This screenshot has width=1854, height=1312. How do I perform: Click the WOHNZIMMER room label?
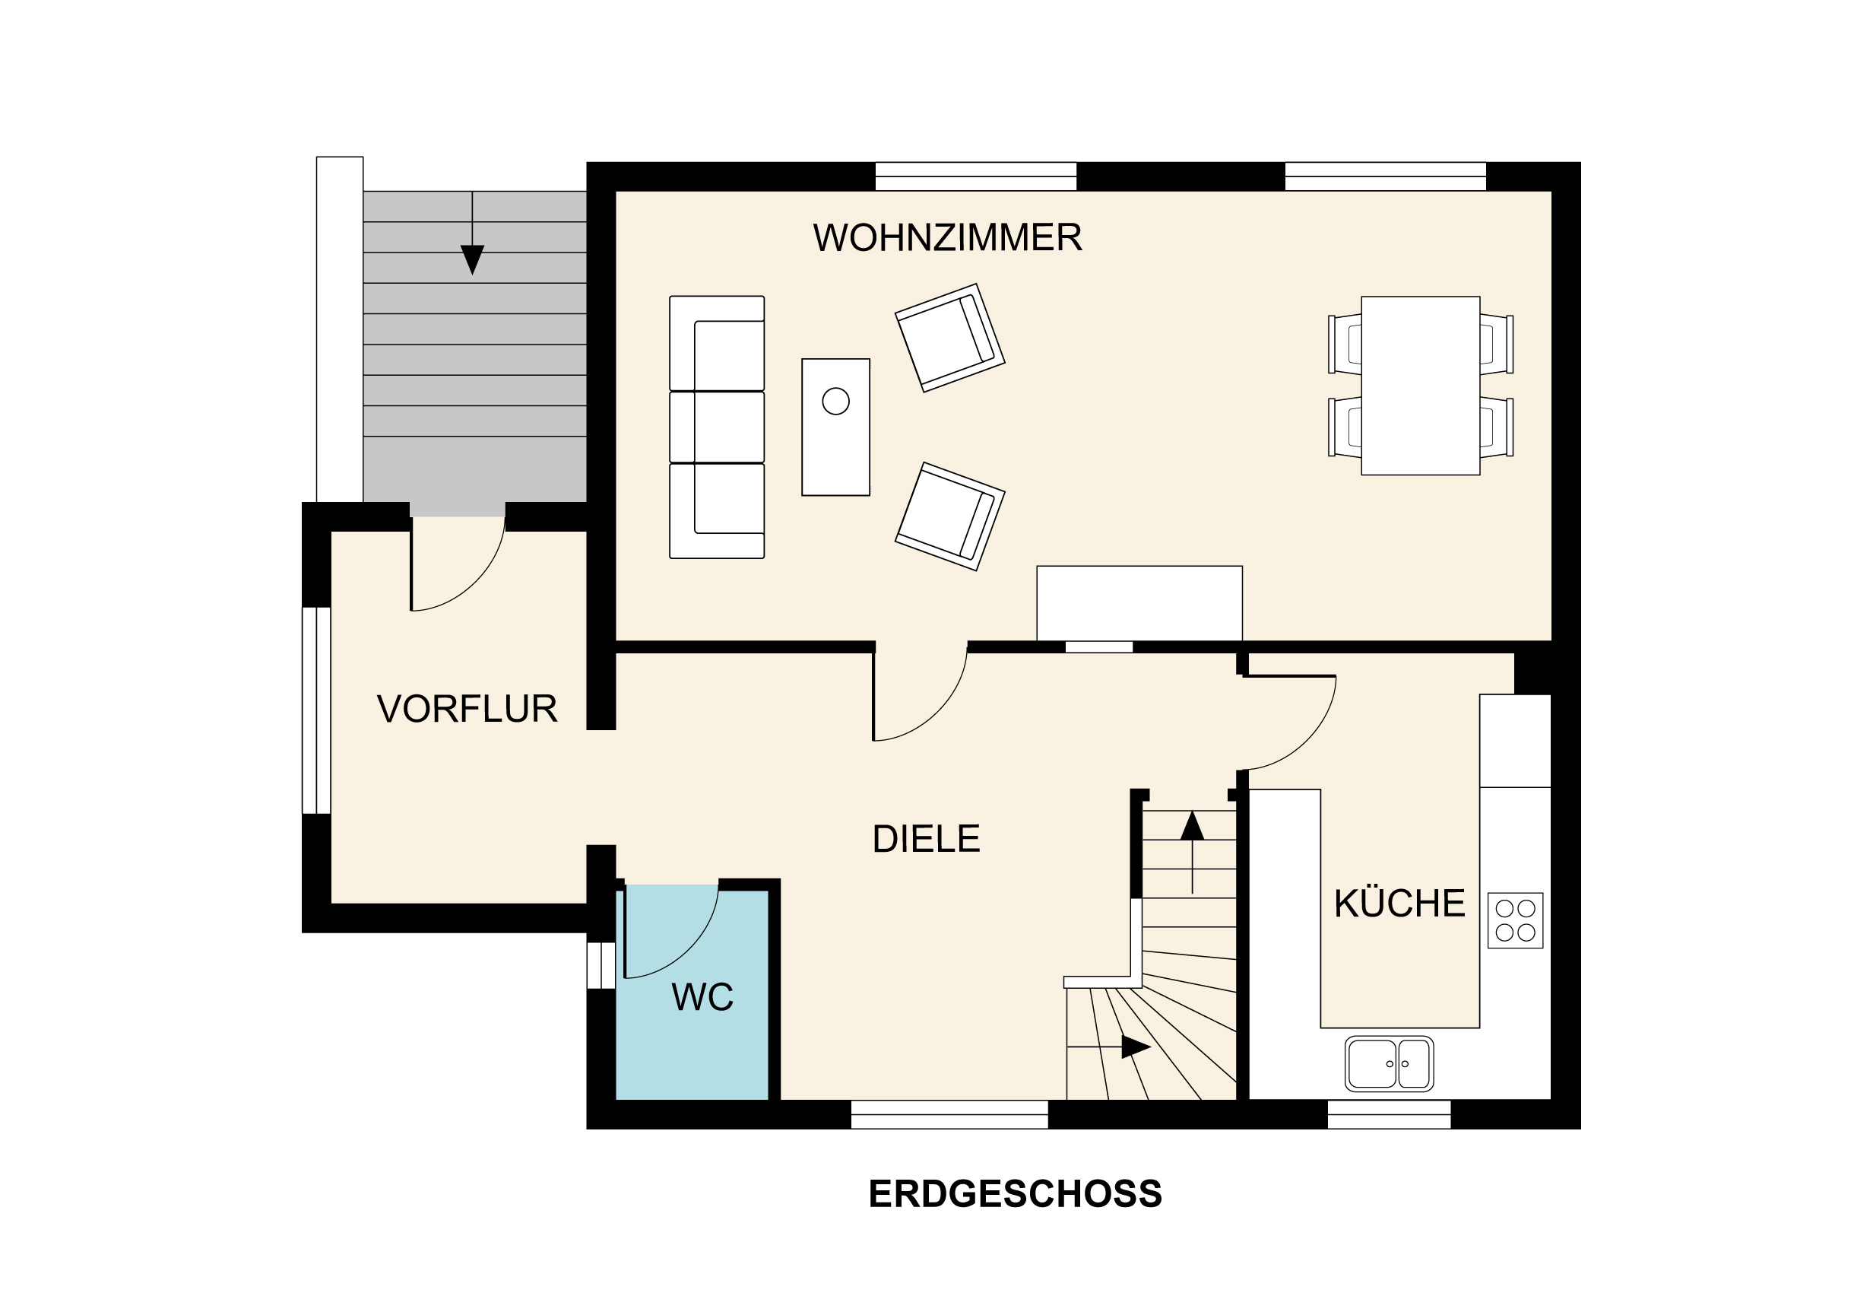(x=946, y=237)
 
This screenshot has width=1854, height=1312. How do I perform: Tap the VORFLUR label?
(x=467, y=709)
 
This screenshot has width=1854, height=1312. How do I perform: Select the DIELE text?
(x=926, y=840)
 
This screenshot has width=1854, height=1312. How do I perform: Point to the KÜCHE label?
(x=1399, y=904)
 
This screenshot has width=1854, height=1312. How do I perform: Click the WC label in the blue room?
(x=702, y=997)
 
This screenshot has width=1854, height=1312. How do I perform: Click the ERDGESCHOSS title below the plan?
(x=1015, y=1194)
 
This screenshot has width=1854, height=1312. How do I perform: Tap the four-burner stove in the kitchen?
(x=1515, y=920)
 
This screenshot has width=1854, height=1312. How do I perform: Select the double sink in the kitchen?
(x=1389, y=1063)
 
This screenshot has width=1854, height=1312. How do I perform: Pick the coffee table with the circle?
(x=835, y=427)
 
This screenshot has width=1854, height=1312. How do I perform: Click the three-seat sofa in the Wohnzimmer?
(x=716, y=427)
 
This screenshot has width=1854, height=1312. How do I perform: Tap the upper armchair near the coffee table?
(x=949, y=338)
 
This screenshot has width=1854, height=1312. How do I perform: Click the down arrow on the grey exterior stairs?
(x=472, y=259)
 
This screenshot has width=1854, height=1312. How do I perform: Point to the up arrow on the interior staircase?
(x=1192, y=827)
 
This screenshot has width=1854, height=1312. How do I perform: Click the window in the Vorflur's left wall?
(x=316, y=710)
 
